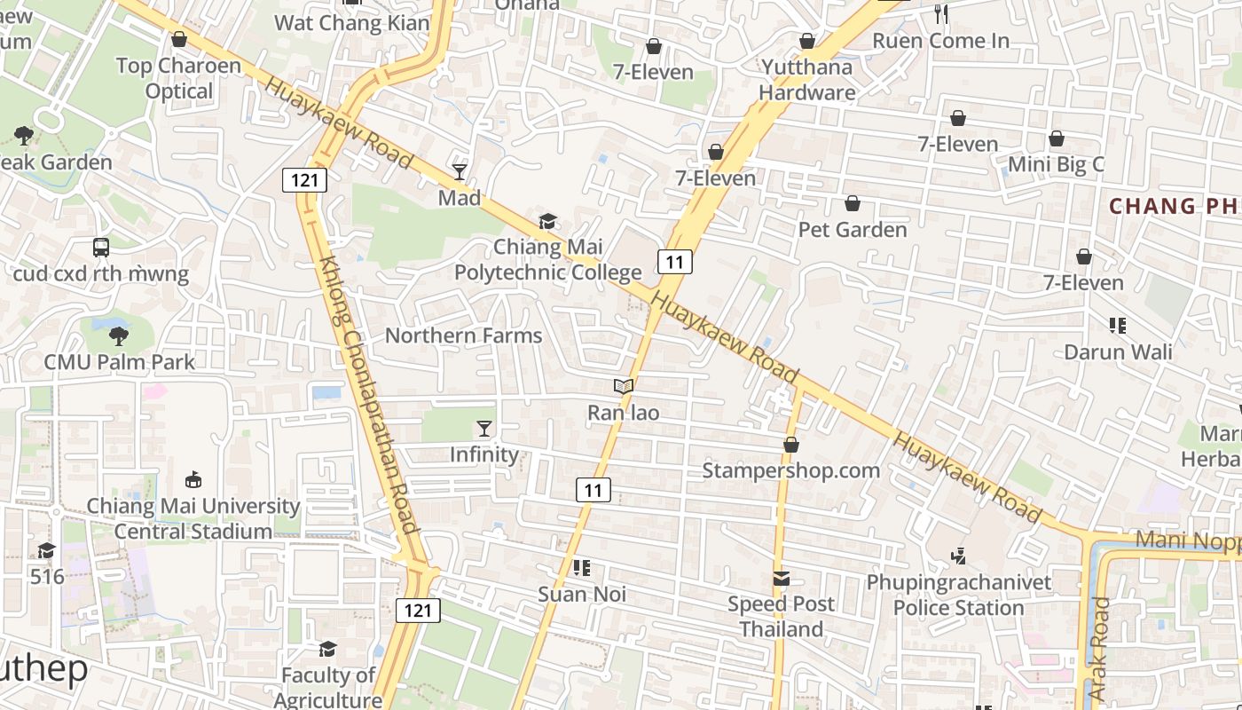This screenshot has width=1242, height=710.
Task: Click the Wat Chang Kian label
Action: pyautogui.click(x=352, y=23)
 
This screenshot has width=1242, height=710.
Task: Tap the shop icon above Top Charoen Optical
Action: pyautogui.click(x=179, y=39)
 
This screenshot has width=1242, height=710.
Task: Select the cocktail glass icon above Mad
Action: pyautogui.click(x=460, y=171)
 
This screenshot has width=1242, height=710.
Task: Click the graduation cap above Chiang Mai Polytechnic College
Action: pyautogui.click(x=547, y=221)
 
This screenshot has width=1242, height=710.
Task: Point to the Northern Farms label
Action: pyautogui.click(x=463, y=335)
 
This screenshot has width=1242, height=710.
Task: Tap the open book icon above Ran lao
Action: pyautogui.click(x=624, y=386)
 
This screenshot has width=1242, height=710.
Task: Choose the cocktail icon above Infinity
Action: pyautogui.click(x=483, y=429)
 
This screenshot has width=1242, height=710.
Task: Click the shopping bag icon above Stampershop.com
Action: pyautogui.click(x=790, y=445)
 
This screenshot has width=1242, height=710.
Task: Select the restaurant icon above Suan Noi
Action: pyautogui.click(x=582, y=567)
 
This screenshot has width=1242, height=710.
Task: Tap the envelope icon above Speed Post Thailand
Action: pyautogui.click(x=781, y=579)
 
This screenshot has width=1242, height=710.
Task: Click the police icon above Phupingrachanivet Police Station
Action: pyautogui.click(x=958, y=556)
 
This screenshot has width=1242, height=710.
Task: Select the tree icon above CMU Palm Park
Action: pyautogui.click(x=119, y=335)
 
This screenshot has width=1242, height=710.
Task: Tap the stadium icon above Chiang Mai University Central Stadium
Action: pyautogui.click(x=193, y=480)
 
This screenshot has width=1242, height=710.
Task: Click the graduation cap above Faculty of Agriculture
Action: pyautogui.click(x=327, y=649)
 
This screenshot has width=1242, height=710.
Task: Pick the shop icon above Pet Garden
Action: pyautogui.click(x=853, y=204)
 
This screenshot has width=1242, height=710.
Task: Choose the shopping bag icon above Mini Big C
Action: pyautogui.click(x=1056, y=138)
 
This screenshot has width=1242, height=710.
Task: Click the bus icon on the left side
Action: pyautogui.click(x=101, y=248)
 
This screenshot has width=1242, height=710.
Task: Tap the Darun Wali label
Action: pyautogui.click(x=1118, y=352)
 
